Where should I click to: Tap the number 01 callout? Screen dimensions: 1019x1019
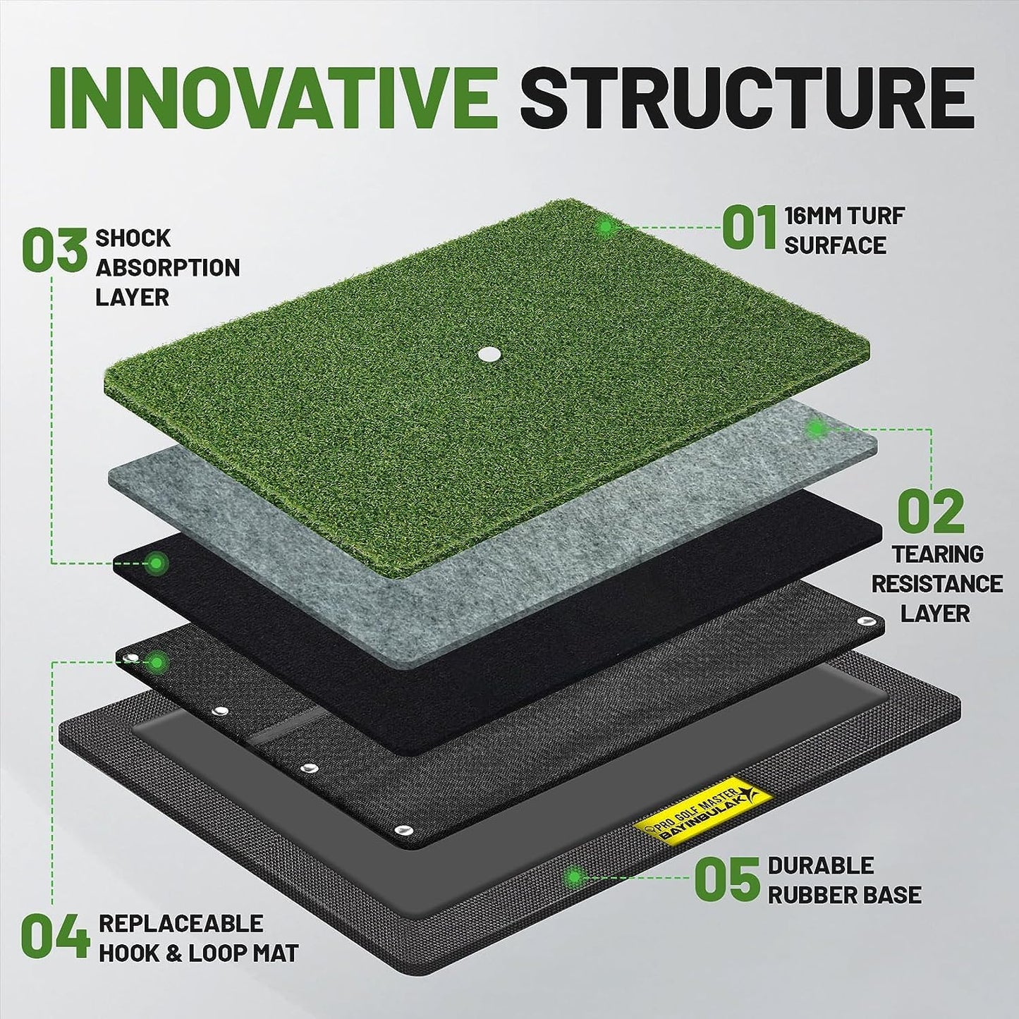(x=750, y=228)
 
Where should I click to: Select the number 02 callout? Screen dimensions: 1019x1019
(x=931, y=511)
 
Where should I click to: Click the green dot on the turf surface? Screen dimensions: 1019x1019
(x=606, y=227)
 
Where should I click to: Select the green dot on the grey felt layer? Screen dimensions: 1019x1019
(x=817, y=429)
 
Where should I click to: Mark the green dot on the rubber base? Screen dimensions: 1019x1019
(x=574, y=877)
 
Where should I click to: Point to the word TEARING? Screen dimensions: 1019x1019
(x=938, y=554)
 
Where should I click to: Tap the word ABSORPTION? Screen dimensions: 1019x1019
(x=168, y=267)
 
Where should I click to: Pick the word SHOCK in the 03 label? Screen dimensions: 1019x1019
(x=133, y=238)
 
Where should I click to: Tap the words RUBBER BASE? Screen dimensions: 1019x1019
(x=845, y=896)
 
